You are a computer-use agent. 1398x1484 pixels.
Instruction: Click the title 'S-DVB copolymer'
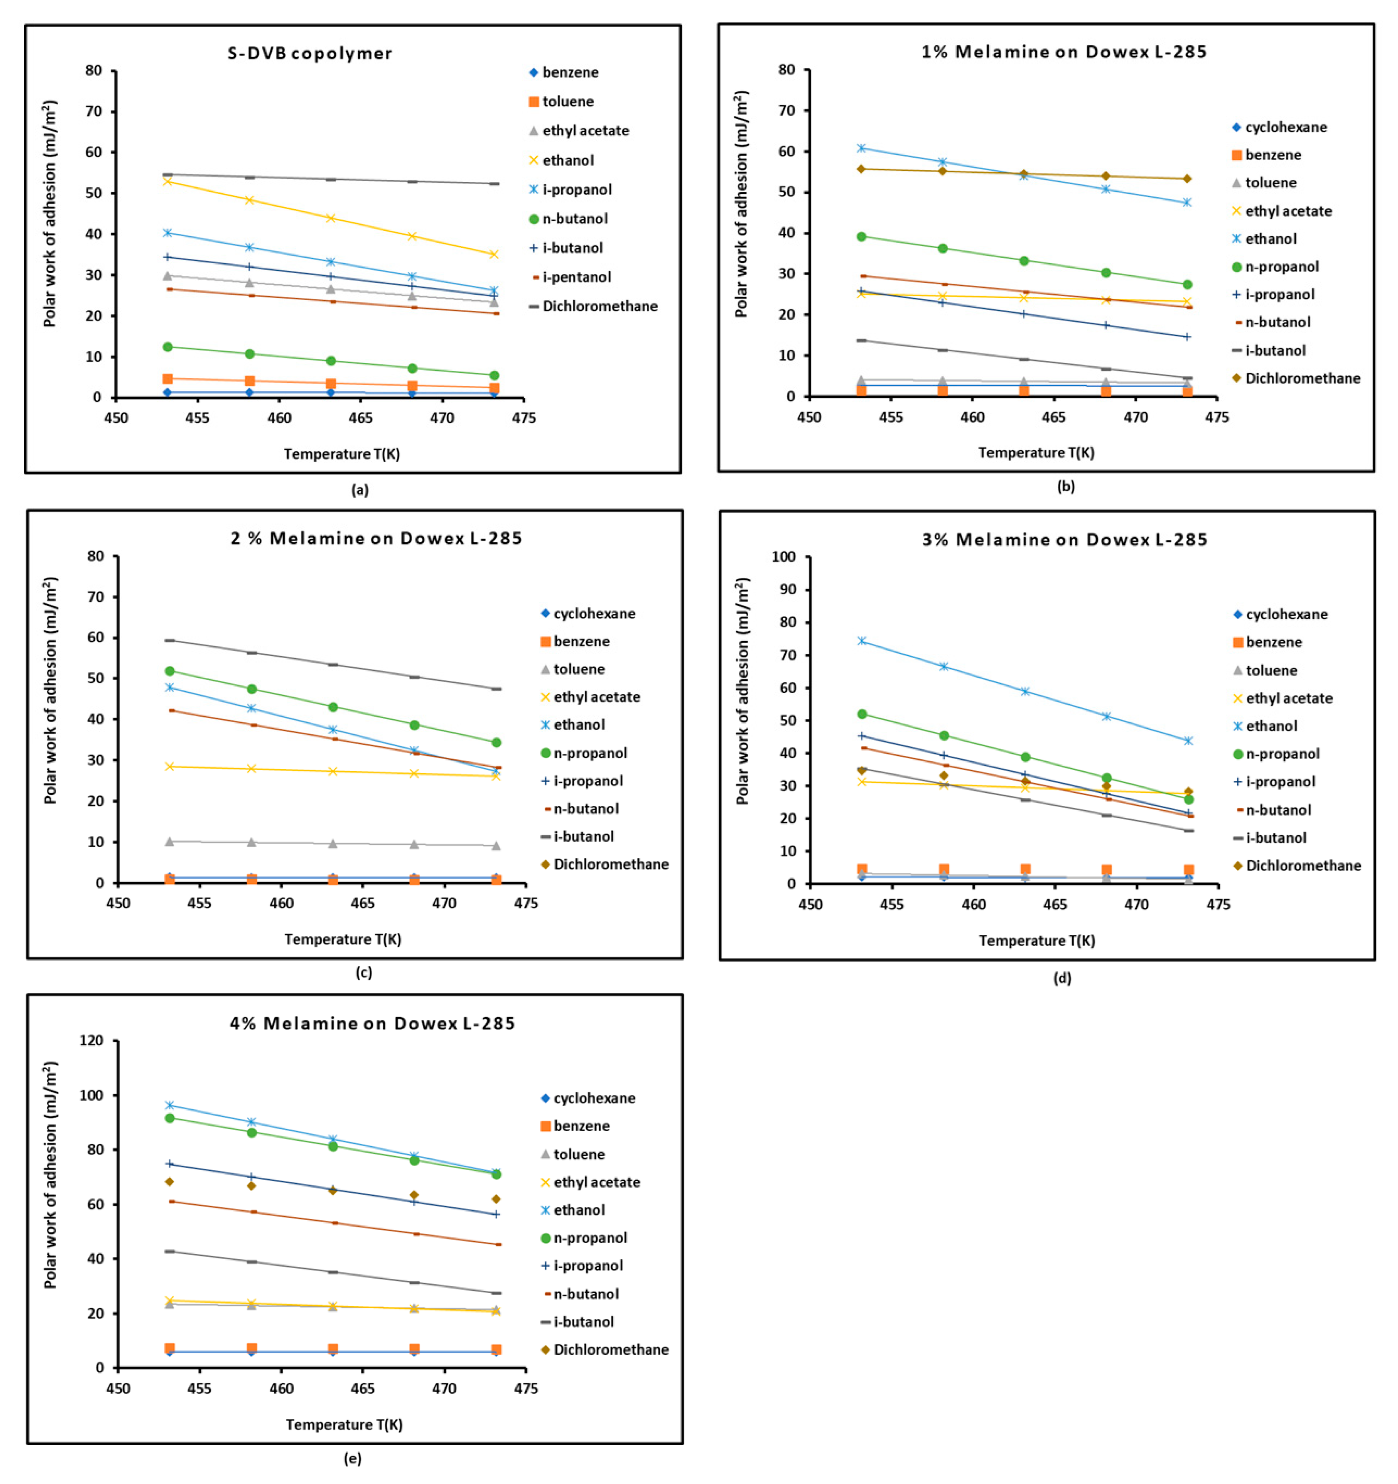[x=309, y=53]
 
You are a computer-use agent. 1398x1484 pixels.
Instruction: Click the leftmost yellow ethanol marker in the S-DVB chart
[x=167, y=181]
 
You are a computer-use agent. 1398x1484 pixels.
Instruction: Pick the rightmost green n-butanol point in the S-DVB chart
[x=493, y=375]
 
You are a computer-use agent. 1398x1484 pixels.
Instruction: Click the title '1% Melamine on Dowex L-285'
[x=1063, y=51]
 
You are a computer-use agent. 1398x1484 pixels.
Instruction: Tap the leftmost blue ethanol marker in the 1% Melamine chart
[x=861, y=148]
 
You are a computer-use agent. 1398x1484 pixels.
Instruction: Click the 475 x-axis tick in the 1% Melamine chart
[x=1217, y=416]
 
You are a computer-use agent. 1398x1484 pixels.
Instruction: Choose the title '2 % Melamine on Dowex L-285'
[x=376, y=538]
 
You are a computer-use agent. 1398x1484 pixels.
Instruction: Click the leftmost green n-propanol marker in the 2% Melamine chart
[x=170, y=671]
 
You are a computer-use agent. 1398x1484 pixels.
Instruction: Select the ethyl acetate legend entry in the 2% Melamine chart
[x=596, y=696]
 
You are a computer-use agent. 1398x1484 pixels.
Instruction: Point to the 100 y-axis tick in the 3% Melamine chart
[x=784, y=557]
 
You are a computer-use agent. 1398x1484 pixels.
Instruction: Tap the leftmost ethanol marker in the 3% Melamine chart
[x=862, y=640]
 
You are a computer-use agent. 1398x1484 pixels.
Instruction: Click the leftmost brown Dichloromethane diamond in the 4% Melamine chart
[x=170, y=1182]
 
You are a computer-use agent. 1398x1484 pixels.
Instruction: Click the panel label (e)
[x=353, y=1458]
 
